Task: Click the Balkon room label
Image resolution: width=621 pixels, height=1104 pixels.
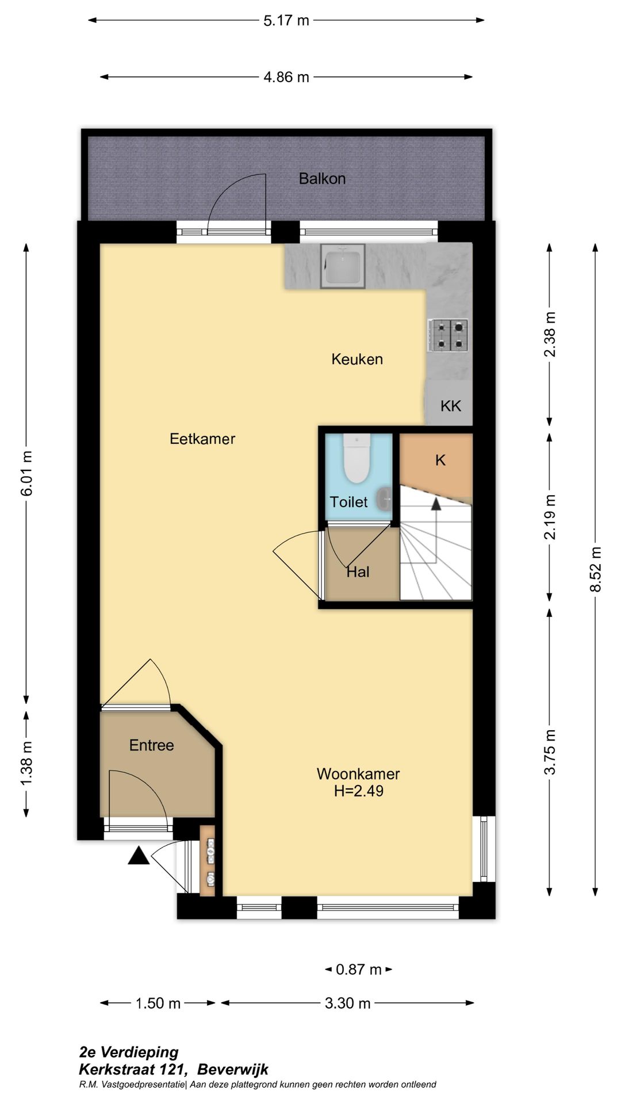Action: (322, 179)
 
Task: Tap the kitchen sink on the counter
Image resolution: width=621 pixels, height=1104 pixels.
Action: (343, 266)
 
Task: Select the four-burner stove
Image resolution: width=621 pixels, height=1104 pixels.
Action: (448, 336)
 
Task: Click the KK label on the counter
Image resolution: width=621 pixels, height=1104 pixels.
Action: (451, 406)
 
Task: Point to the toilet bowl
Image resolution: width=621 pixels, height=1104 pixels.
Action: (356, 458)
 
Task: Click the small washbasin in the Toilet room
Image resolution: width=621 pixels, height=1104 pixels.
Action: (385, 498)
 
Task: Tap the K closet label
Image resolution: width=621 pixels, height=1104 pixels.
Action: (440, 460)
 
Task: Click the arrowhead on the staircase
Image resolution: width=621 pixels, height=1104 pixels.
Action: (436, 504)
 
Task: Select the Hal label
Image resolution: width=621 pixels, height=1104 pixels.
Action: (358, 572)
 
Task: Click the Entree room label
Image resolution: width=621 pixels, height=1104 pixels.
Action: (151, 745)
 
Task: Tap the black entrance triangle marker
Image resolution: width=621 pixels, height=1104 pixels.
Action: (138, 856)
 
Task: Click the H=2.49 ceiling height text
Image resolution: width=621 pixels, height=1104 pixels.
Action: (359, 791)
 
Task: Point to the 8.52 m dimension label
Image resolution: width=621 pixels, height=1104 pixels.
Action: (596, 569)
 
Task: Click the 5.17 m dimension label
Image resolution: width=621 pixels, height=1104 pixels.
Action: (286, 21)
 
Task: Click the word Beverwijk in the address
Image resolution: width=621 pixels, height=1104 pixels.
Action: (233, 1069)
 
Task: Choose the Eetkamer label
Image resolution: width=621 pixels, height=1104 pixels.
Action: (202, 439)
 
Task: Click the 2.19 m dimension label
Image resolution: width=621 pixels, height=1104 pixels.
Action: (550, 517)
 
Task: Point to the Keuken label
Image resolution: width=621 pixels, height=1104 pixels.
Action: (357, 359)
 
